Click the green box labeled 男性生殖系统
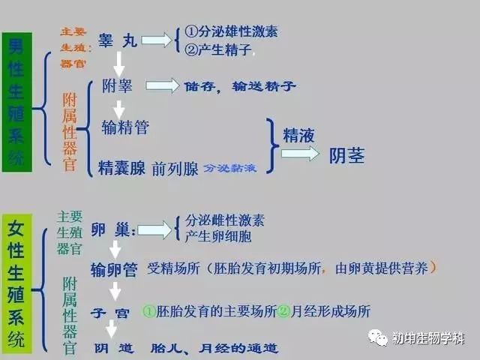coord(16,102)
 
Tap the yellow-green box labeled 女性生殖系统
coord(16,283)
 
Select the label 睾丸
coord(118,40)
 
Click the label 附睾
coord(117,85)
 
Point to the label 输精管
coord(125,127)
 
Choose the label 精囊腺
coord(121,168)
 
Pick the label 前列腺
coord(175,169)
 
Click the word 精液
coord(298,135)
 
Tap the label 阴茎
coord(346,155)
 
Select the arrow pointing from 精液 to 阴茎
coord(300,154)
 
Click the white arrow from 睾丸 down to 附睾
coord(118,64)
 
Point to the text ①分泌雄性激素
coord(231,31)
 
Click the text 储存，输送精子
coord(239,86)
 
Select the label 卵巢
coord(113,229)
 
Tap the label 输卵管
coord(114,270)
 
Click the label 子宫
coord(110,313)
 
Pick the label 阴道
coord(114,348)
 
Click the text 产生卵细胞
coord(218,236)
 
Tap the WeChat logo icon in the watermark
coord(378,337)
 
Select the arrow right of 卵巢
coord(154,230)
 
